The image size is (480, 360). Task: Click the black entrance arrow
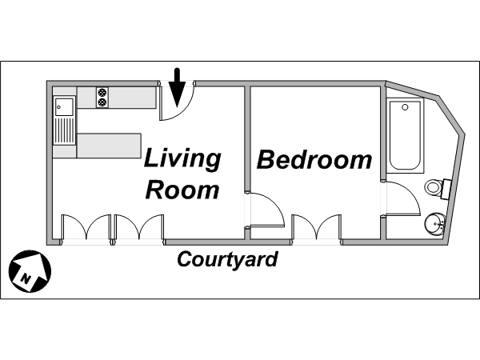point(178,88)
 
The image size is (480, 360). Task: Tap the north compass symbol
point(30,271)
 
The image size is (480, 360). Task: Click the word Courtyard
point(227,260)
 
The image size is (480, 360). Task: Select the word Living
point(182,159)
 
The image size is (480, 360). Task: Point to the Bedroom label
point(314,159)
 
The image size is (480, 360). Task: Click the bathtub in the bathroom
point(405,135)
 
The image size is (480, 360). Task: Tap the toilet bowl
point(433,186)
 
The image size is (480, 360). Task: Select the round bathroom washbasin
point(435,224)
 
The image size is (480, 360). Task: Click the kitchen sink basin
point(64,107)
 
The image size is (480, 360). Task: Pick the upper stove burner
point(102,92)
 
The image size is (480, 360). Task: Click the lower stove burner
point(102,102)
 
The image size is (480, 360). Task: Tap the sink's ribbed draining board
point(64,130)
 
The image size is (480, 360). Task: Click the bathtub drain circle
point(405,107)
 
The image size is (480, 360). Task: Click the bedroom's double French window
point(316,227)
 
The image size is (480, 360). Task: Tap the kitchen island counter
point(109,146)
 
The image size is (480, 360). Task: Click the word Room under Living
point(182,190)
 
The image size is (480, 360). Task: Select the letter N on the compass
point(26,278)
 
